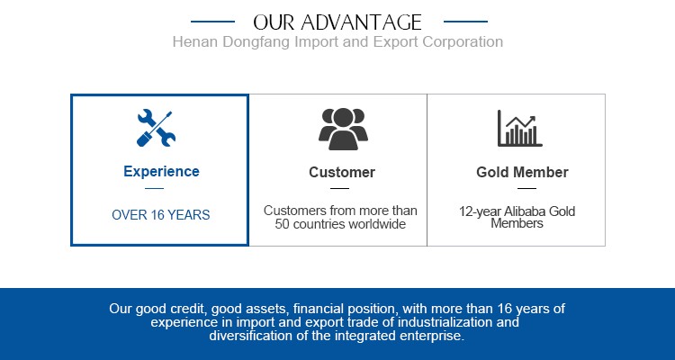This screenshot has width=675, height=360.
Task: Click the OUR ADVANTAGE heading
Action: click(x=337, y=22)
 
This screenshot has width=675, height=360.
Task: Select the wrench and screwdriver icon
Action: click(x=156, y=129)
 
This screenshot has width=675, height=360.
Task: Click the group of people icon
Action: click(x=343, y=129)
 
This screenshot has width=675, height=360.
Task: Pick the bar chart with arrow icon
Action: click(x=519, y=129)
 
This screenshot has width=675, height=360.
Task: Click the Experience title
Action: click(x=161, y=171)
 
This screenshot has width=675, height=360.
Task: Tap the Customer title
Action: click(x=342, y=172)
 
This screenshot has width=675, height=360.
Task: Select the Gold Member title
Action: click(x=522, y=172)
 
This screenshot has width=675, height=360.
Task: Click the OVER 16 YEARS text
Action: click(x=161, y=215)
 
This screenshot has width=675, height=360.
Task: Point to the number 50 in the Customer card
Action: click(x=282, y=224)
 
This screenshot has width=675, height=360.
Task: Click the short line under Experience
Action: click(x=154, y=188)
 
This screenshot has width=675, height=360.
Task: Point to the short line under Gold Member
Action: click(x=526, y=188)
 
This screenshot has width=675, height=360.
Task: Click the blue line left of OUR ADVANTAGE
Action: click(x=212, y=21)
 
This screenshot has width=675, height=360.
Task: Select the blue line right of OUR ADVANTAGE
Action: click(x=465, y=21)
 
